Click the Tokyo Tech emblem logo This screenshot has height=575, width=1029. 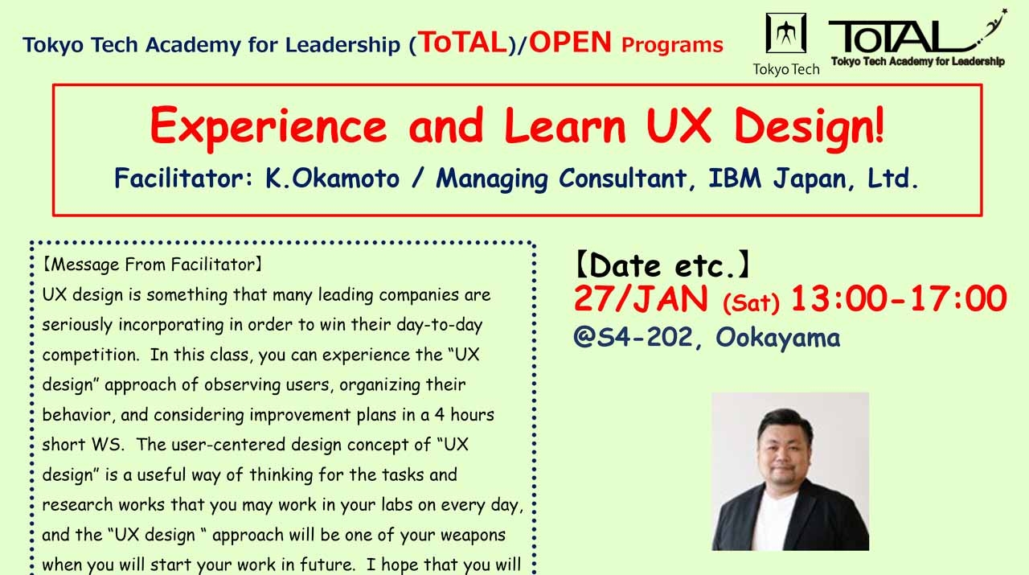coord(785,34)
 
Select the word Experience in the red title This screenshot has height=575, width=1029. coord(268,126)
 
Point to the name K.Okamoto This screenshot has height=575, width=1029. coord(332,179)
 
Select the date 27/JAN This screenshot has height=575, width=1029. coord(641,299)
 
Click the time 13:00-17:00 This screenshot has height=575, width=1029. coord(898,299)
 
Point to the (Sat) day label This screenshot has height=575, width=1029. coord(751,303)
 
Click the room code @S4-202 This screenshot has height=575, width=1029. coord(633,337)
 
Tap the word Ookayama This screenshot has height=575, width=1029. coord(777,338)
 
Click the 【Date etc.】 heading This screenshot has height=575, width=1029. coord(662,264)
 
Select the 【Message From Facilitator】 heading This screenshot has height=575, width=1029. coord(154,264)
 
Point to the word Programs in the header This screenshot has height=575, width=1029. coord(672,45)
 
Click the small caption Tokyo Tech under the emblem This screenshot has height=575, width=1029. coord(785,69)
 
